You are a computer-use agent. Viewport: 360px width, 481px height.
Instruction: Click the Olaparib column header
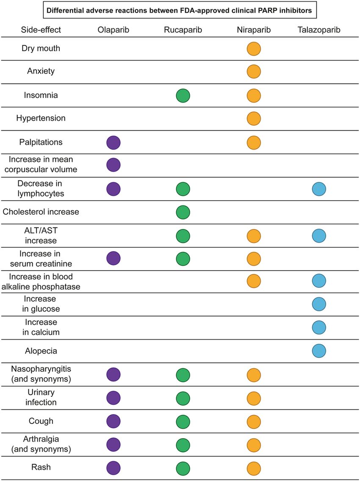pyautogui.click(x=113, y=30)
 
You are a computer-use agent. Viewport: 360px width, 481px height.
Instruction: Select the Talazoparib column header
pyautogui.click(x=319, y=30)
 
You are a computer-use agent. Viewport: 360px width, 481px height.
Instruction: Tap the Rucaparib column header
pyautogui.click(x=183, y=30)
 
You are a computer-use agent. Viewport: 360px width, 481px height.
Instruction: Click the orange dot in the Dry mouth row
pyautogui.click(x=254, y=48)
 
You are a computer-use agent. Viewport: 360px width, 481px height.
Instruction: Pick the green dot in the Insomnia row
pyautogui.click(x=183, y=95)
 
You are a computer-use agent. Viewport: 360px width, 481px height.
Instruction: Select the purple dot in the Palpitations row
pyautogui.click(x=113, y=143)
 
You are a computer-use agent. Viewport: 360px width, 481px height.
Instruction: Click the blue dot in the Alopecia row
pyautogui.click(x=319, y=351)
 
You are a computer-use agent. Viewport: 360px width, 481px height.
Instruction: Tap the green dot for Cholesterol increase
pyautogui.click(x=183, y=212)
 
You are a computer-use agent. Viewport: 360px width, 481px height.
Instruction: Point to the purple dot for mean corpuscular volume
pyautogui.click(x=113, y=165)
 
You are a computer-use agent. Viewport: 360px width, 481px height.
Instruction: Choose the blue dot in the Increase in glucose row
pyautogui.click(x=319, y=304)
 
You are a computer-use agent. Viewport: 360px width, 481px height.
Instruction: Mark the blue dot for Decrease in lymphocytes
pyautogui.click(x=319, y=189)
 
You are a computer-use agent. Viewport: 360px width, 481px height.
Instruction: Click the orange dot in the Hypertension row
pyautogui.click(x=254, y=119)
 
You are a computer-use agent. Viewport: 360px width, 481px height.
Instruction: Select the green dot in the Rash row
pyautogui.click(x=183, y=468)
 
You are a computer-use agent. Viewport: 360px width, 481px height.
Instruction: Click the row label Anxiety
pyautogui.click(x=41, y=71)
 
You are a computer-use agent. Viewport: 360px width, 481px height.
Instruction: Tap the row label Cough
pyautogui.click(x=41, y=421)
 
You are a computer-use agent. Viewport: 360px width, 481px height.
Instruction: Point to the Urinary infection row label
pyautogui.click(x=41, y=397)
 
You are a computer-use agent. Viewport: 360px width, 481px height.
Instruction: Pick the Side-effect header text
pyautogui.click(x=41, y=30)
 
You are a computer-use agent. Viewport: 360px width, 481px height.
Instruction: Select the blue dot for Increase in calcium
pyautogui.click(x=319, y=327)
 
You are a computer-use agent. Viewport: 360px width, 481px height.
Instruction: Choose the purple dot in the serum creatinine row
pyautogui.click(x=113, y=258)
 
